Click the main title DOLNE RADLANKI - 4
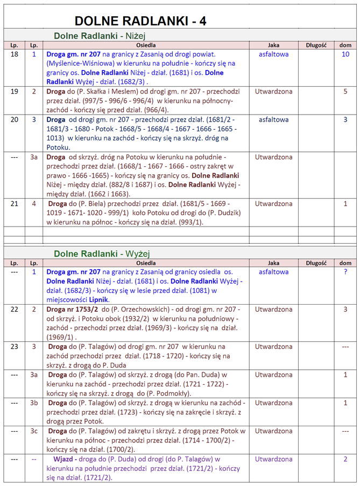point(140,22)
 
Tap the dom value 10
point(345,54)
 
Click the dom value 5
point(345,91)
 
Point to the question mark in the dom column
point(345,272)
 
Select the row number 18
point(15,54)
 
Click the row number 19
point(15,91)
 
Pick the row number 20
point(15,119)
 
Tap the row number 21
point(15,204)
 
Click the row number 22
point(15,309)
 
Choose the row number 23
point(15,347)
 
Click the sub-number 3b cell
point(34,403)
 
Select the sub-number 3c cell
point(34,431)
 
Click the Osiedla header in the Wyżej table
point(146,263)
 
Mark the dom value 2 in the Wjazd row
point(345,459)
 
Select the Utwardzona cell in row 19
point(273,91)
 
